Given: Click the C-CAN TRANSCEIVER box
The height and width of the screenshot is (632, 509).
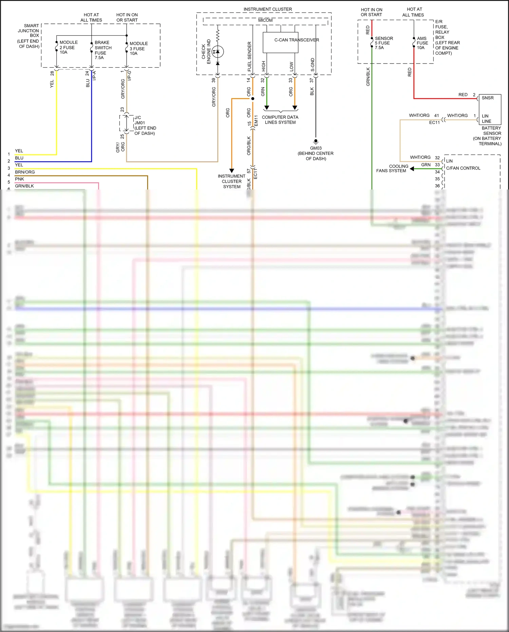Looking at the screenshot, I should click(280, 42).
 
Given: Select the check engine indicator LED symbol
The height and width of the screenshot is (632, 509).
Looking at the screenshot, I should click(218, 52).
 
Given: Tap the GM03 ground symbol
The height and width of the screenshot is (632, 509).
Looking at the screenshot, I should click(316, 141).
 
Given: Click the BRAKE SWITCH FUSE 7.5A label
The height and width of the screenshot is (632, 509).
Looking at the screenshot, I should click(102, 50).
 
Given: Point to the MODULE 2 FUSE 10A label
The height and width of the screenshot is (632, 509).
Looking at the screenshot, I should click(68, 47).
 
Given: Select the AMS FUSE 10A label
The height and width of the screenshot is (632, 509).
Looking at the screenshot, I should click(422, 43).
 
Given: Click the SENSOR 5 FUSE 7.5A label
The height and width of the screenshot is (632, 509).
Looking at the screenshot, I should click(383, 43).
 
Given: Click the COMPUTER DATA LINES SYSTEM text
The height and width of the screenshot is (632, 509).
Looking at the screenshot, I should click(280, 120).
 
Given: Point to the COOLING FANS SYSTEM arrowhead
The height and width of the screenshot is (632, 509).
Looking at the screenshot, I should click(412, 168).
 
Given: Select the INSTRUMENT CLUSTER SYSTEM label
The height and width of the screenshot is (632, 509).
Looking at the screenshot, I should click(232, 181).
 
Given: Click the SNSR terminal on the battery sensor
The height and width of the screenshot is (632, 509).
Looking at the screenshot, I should click(487, 98).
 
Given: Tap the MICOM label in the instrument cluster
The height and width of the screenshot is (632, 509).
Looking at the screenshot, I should click(265, 20).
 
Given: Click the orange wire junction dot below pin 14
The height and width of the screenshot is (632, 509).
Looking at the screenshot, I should click(252, 99).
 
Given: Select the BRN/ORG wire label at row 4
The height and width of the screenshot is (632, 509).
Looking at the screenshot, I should click(25, 172).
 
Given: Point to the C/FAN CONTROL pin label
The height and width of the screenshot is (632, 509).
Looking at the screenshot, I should click(463, 168).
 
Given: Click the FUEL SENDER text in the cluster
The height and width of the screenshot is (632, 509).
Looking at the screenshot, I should click(249, 56).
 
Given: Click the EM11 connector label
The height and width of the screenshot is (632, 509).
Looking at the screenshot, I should click(256, 121).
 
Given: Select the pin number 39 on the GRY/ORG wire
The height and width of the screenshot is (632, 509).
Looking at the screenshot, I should click(213, 80).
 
